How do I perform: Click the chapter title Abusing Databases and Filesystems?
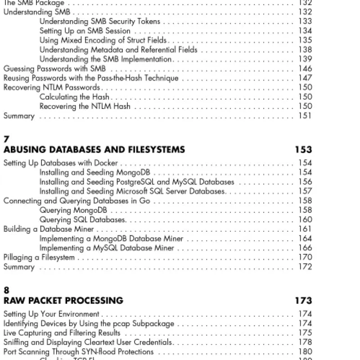point(94,150)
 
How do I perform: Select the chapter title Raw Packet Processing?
point(63,301)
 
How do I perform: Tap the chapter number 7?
point(6,140)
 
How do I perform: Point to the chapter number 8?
point(6,291)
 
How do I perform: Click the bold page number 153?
point(303,150)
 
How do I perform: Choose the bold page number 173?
point(303,301)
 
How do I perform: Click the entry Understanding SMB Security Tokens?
point(100,21)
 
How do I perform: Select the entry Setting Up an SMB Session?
point(85,31)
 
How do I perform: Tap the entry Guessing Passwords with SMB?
point(54,68)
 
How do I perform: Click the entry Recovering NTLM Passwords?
point(52,87)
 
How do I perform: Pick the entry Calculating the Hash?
point(75,97)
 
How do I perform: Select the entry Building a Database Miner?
point(49,229)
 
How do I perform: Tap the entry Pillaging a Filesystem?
point(39,257)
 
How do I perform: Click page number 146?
point(305,68)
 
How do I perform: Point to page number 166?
point(305,248)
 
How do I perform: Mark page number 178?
point(305,342)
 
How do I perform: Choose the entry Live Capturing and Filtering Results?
point(62,333)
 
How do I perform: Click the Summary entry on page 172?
point(19,267)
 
